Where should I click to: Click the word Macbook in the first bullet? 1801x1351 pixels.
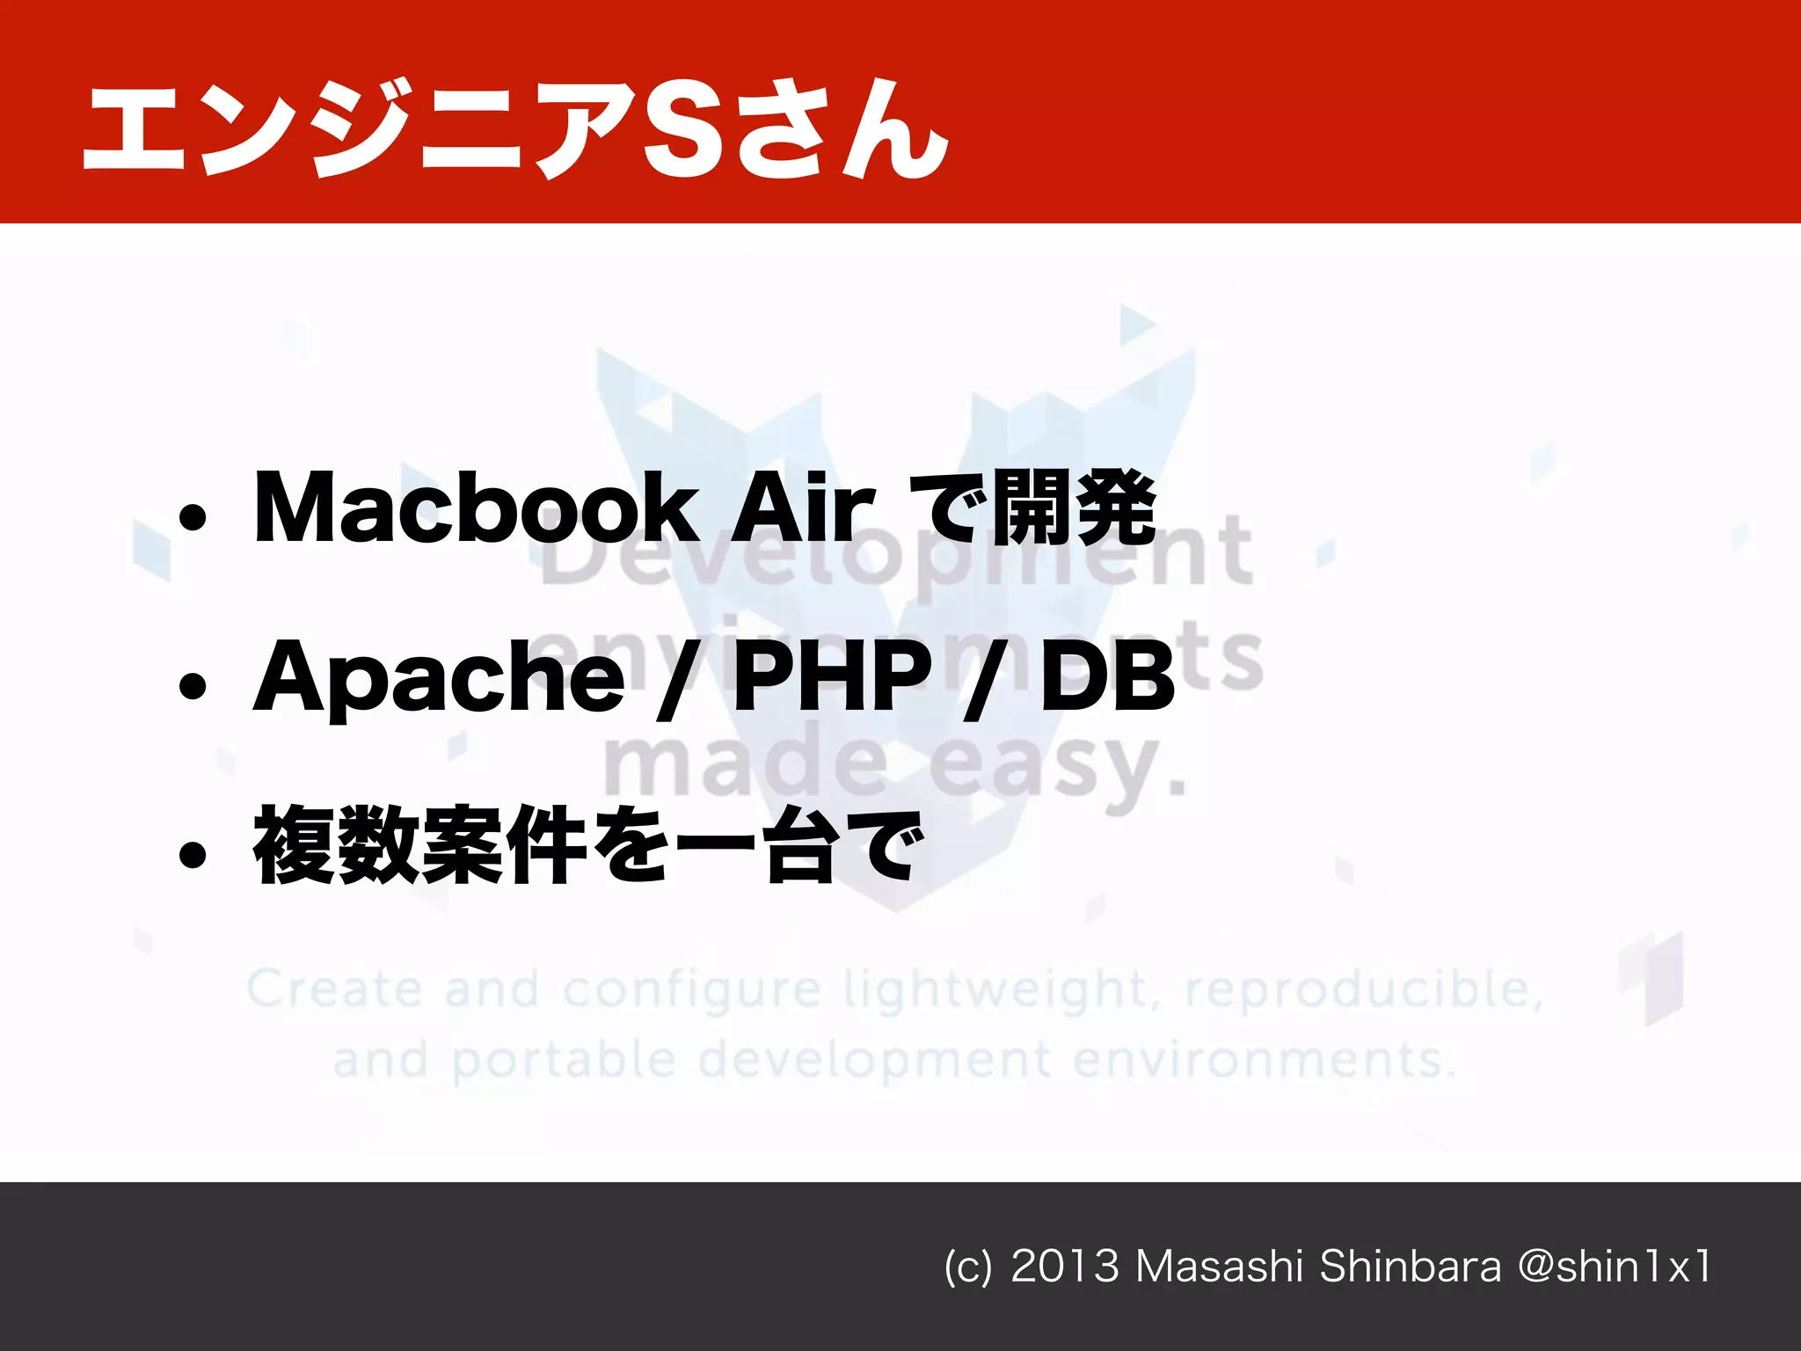[x=475, y=508]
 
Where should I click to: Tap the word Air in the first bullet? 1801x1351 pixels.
[x=803, y=508]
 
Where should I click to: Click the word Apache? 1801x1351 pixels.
[x=438, y=677]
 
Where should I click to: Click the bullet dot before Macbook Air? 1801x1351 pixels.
[x=193, y=518]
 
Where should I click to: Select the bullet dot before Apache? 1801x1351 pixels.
[x=193, y=686]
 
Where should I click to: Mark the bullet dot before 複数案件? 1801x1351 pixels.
[x=193, y=854]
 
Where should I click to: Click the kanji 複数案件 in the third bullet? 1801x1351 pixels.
[x=420, y=845]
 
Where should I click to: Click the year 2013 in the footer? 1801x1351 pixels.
[x=1065, y=1267]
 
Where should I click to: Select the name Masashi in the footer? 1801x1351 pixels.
[x=1219, y=1267]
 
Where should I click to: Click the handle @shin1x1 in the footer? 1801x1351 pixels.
[x=1615, y=1267]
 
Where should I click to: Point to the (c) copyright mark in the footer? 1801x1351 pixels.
[x=968, y=1267]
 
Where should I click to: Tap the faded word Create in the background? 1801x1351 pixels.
[x=334, y=990]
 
